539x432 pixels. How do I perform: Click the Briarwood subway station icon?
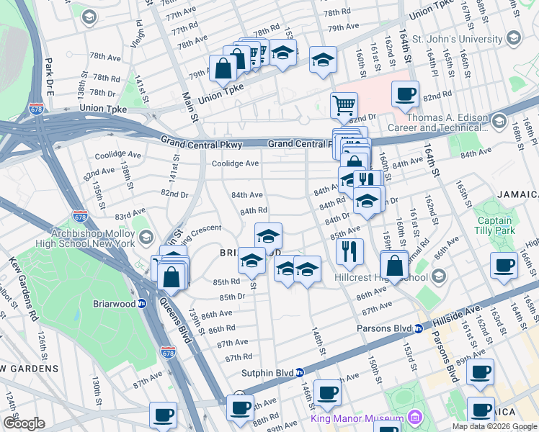pyautogui.click(x=143, y=303)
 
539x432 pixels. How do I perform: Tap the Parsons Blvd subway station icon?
pyautogui.click(x=418, y=329)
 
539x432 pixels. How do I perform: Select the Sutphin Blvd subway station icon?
pyautogui.click(x=300, y=372)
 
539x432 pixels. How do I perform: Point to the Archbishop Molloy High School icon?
pyautogui.click(x=146, y=238)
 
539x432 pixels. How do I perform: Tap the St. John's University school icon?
pyautogui.click(x=514, y=38)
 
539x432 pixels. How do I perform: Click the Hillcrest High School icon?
pyautogui.click(x=439, y=277)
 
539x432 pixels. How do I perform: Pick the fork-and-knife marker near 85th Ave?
pyautogui.click(x=349, y=251)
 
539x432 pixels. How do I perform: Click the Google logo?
pyautogui.click(x=24, y=423)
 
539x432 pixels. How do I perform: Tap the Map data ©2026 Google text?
pyautogui.click(x=494, y=426)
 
